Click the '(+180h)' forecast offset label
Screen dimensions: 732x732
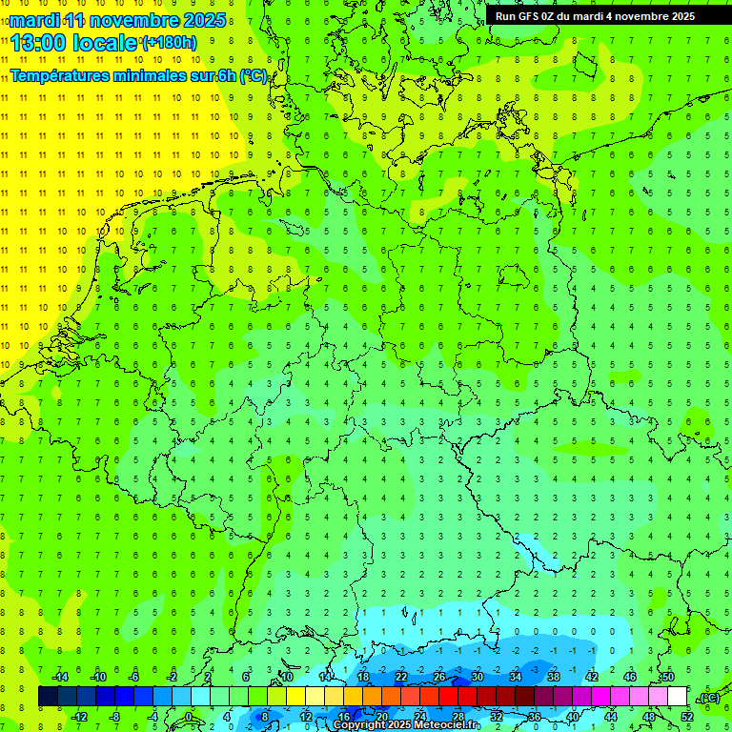coord(170,43)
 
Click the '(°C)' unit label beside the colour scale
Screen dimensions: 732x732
coord(708,698)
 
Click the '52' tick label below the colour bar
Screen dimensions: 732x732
coord(687,717)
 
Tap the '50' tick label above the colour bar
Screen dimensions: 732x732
coord(668,677)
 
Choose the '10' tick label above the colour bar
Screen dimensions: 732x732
coord(286,677)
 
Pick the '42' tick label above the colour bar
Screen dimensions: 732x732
coord(592,677)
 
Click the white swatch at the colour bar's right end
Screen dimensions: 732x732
coord(678,697)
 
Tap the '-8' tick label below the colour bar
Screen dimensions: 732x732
coord(115,717)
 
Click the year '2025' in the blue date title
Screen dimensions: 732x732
coord(202,20)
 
